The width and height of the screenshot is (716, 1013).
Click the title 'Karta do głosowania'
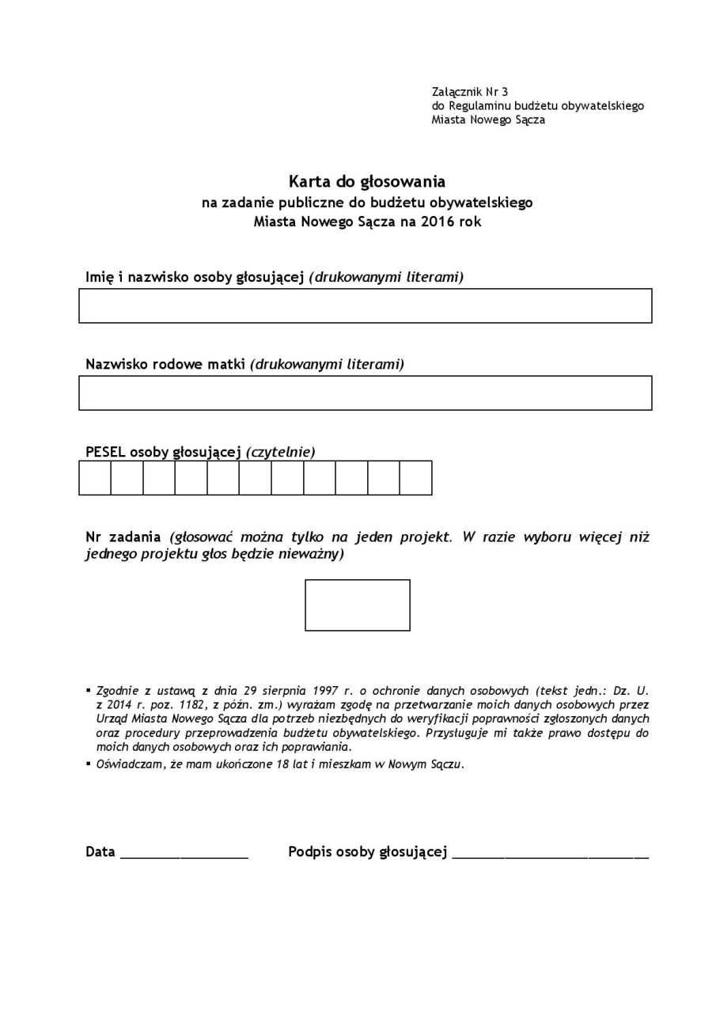coord(366,182)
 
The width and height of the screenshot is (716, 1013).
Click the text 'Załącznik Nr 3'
coord(470,92)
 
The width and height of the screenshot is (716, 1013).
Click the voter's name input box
coord(365,305)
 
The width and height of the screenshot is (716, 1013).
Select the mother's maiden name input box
coord(365,393)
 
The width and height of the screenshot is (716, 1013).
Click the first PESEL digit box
coord(95,478)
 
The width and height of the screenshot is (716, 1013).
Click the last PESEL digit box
coord(415,478)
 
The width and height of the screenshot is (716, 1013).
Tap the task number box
coord(358,605)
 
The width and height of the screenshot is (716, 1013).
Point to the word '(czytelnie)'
coord(280,452)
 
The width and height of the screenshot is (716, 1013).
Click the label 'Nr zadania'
coord(123,537)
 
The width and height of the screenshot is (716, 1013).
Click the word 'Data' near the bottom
coord(100,852)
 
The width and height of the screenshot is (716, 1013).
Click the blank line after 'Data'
coord(184,855)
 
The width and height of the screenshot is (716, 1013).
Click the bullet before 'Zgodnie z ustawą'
coord(89,691)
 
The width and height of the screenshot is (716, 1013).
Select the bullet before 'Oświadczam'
coord(89,764)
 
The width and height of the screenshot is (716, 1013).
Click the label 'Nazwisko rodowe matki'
coord(165,364)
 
